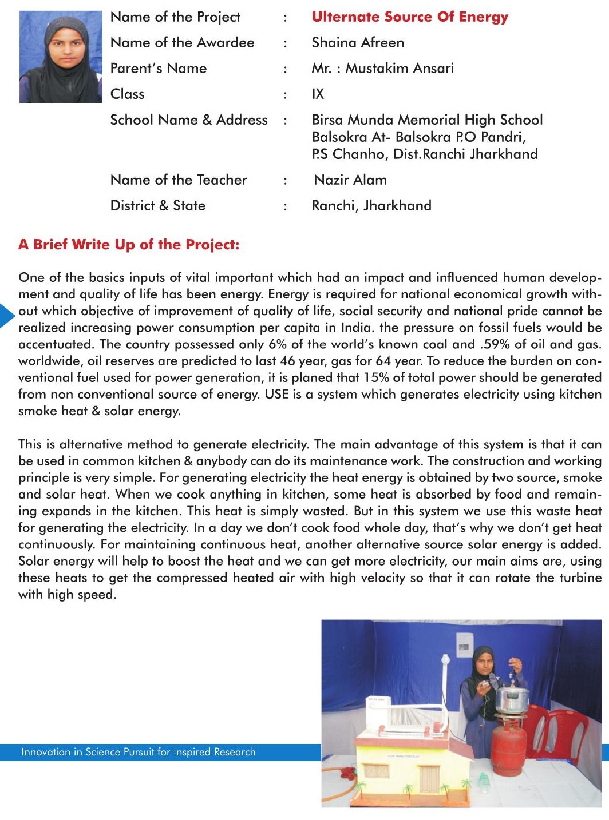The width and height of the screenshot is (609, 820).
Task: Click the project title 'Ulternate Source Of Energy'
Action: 410,17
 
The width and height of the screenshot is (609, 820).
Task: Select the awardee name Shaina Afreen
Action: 358,43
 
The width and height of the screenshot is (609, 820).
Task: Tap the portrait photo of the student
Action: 61,57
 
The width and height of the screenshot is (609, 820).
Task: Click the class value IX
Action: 318,94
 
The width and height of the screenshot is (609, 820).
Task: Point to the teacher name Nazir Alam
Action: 350,180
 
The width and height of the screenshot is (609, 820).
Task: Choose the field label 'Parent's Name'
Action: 159,69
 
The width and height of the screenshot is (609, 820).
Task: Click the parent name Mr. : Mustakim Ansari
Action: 382,69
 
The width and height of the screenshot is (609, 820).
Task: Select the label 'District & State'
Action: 158,206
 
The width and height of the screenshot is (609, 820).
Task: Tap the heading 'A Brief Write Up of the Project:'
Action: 129,245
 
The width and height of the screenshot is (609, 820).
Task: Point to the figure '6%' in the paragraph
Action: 278,344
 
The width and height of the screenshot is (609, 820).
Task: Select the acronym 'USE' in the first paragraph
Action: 276,394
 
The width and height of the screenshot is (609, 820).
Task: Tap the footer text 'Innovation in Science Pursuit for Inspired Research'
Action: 139,752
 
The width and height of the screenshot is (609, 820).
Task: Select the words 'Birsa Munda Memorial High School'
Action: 427,120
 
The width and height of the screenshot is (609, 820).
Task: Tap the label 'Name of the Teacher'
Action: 179,180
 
